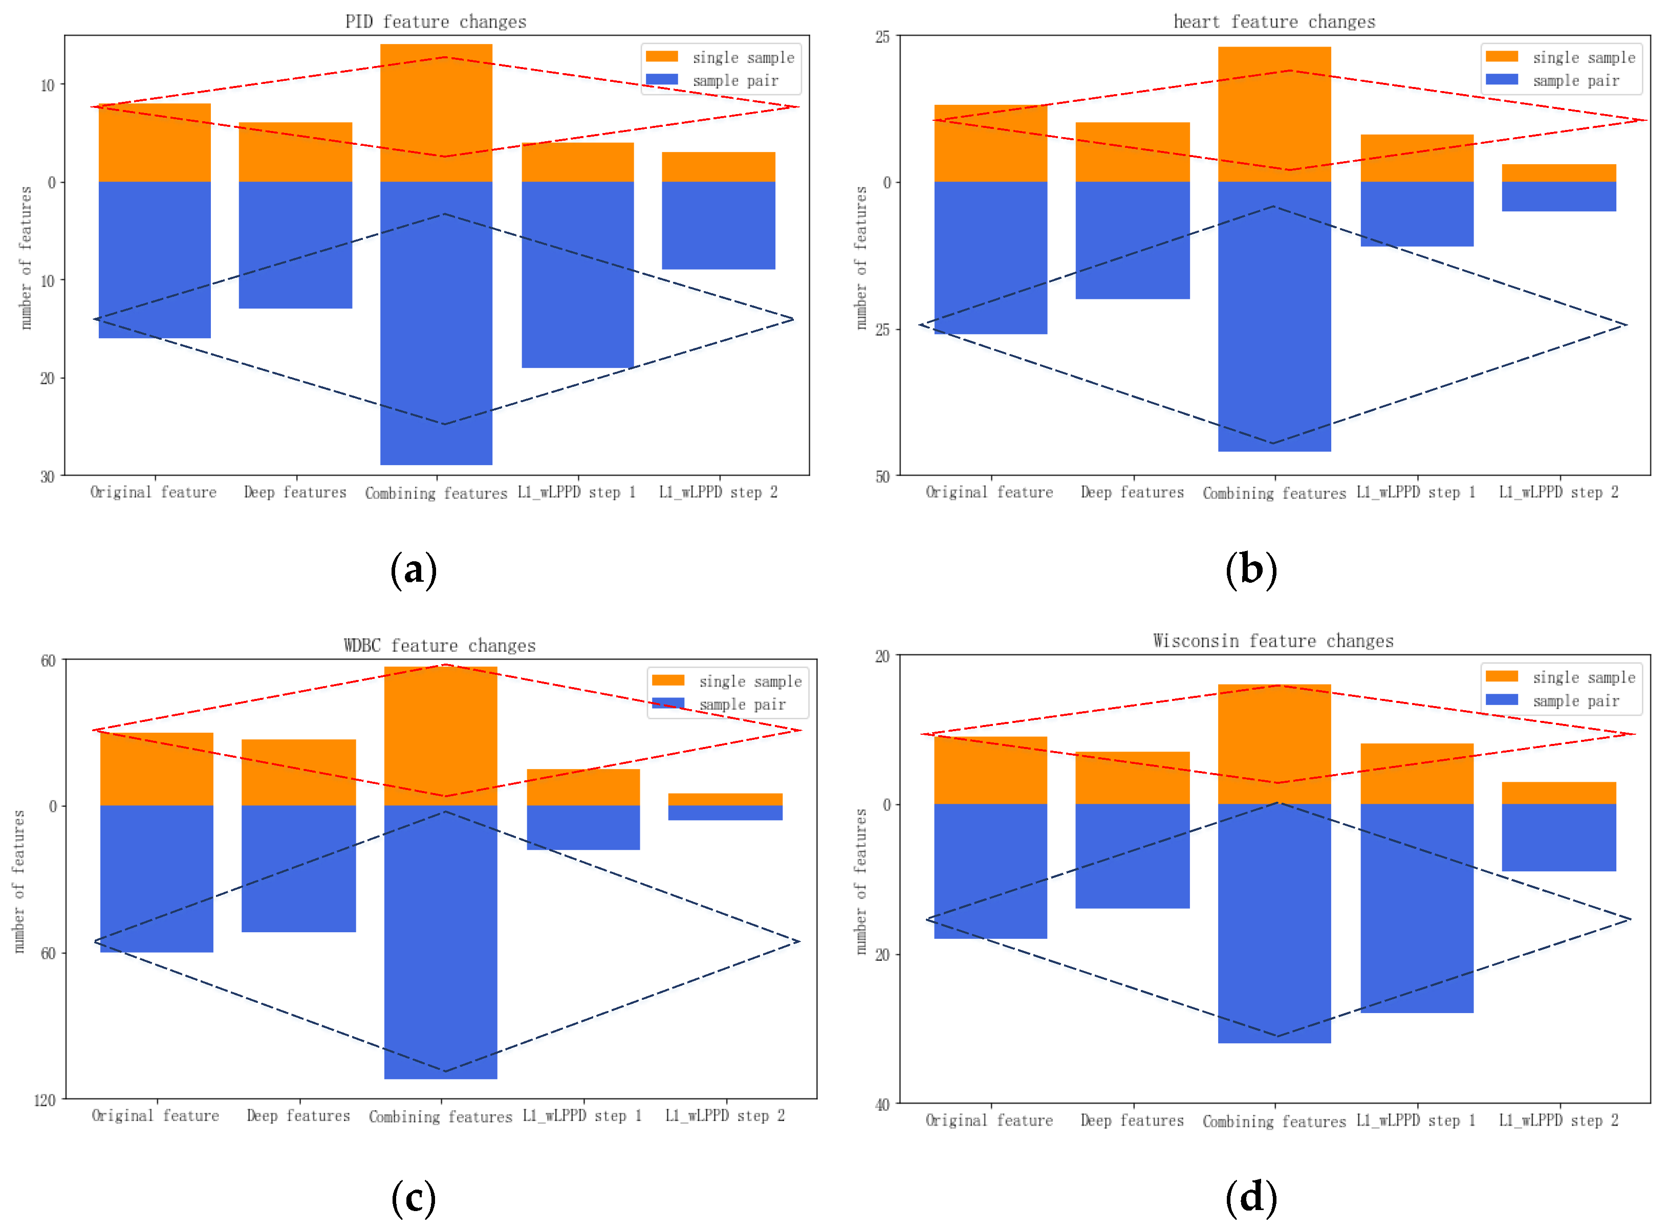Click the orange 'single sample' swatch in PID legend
[x=661, y=57]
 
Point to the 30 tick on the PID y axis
[x=47, y=476]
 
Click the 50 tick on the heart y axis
[x=882, y=476]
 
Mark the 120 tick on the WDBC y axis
[x=45, y=1101]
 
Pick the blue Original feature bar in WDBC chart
[x=157, y=878]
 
